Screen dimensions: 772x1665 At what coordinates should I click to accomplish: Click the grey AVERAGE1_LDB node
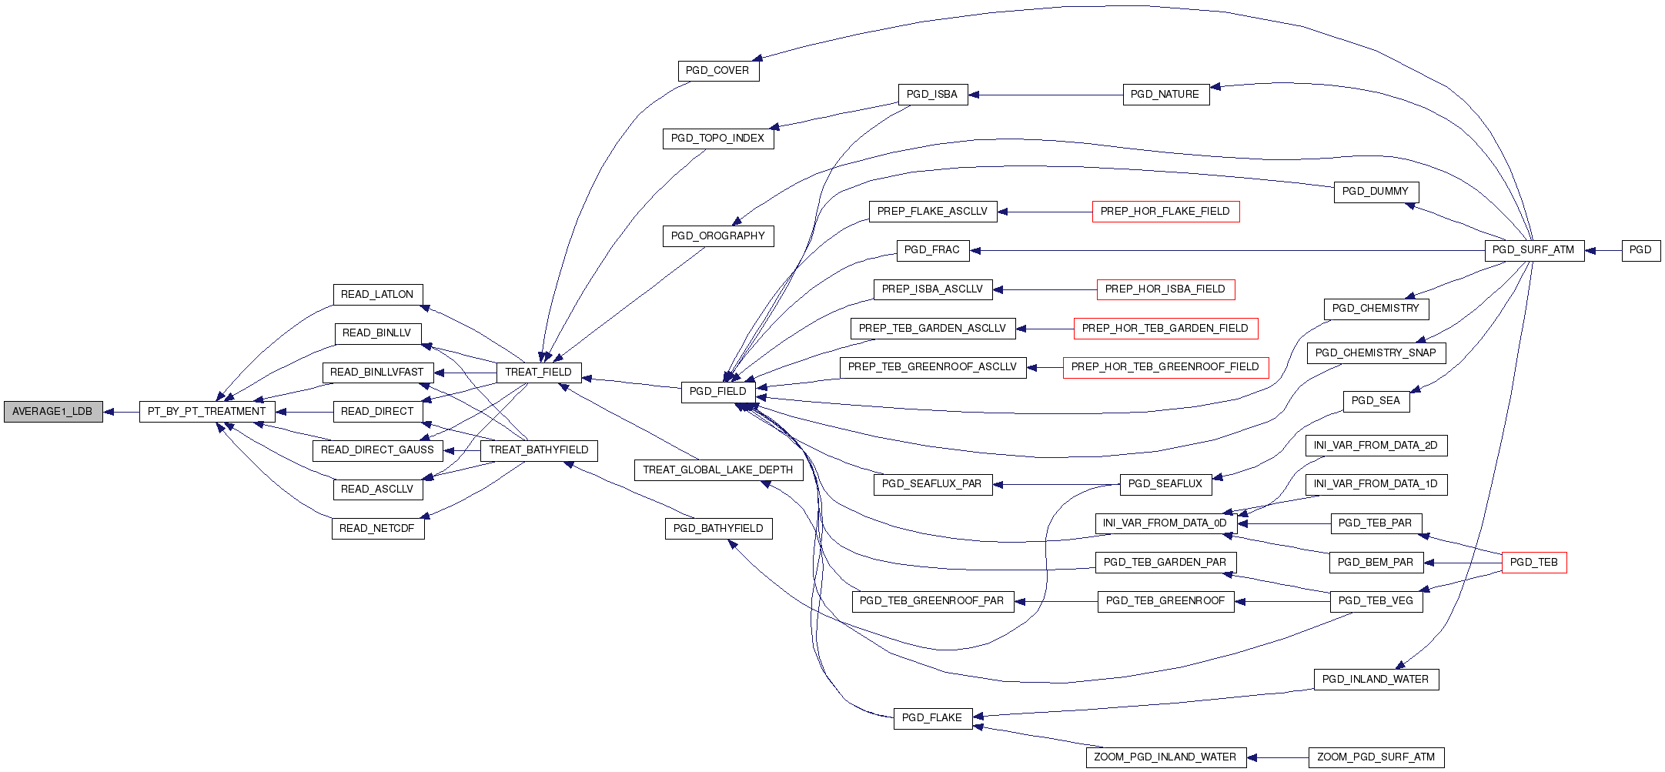[x=52, y=412]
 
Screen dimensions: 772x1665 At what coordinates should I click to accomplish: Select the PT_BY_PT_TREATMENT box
[x=206, y=412]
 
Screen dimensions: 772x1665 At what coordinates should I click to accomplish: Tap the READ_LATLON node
[x=377, y=295]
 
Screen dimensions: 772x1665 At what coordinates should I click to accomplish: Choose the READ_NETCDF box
[x=377, y=529]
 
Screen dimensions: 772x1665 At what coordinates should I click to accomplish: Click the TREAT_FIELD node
[x=538, y=373]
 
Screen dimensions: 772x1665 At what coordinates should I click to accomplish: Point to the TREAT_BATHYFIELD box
[x=538, y=450]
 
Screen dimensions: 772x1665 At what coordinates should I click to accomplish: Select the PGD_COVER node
[x=717, y=71]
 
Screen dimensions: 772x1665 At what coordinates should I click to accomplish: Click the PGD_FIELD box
[x=717, y=392]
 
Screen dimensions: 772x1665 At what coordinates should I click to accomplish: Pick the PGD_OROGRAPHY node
[x=717, y=236]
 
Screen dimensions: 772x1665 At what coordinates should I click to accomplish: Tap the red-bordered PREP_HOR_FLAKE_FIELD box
[x=1165, y=212]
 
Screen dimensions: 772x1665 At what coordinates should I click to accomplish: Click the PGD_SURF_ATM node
[x=1533, y=250]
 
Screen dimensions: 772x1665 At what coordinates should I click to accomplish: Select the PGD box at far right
[x=1640, y=250]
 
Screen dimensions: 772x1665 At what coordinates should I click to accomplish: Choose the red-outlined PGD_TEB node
[x=1533, y=563]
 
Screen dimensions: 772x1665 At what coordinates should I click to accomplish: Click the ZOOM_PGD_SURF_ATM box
[x=1376, y=757]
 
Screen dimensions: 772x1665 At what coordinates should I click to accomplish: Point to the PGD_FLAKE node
[x=931, y=718]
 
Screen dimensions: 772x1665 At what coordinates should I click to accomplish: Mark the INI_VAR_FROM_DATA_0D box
[x=1165, y=523]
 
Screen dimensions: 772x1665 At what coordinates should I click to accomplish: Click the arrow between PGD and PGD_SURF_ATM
[x=1603, y=250]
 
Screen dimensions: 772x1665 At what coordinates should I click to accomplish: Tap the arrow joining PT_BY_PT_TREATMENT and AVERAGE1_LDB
[x=121, y=412]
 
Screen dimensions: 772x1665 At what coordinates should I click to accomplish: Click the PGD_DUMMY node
[x=1375, y=192]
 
